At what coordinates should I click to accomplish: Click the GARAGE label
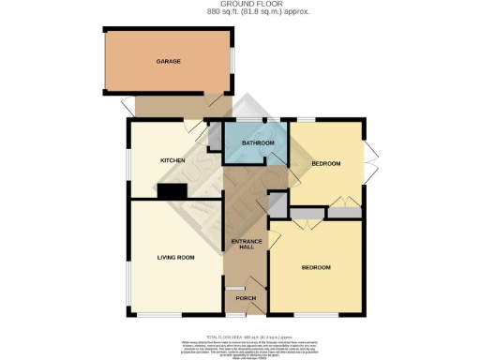[168, 62]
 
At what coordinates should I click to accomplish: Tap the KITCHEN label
[172, 160]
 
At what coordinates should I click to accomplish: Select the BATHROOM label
[258, 142]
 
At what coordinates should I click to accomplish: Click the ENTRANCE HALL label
[245, 243]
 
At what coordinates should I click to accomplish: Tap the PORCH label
[246, 298]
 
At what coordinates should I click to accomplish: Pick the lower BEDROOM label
[316, 268]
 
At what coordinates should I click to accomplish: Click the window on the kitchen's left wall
[129, 159]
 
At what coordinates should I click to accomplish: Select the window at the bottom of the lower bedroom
[316, 314]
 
